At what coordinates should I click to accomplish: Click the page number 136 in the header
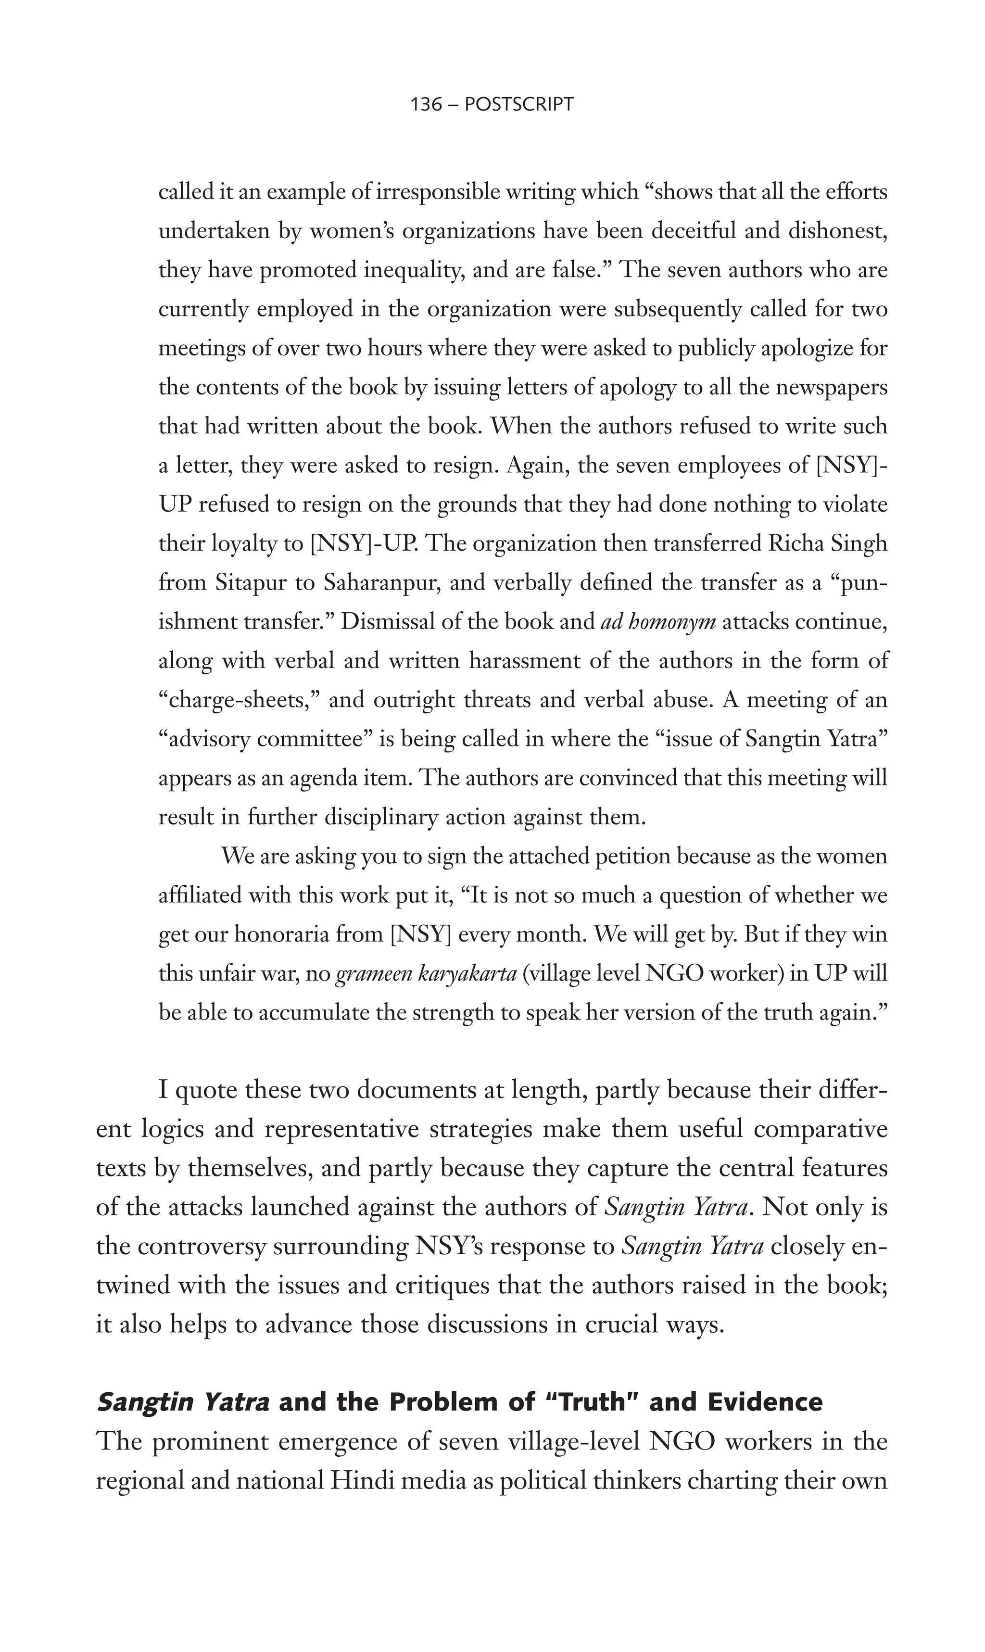coord(426,104)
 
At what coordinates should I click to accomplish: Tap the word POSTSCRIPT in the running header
coord(519,104)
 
